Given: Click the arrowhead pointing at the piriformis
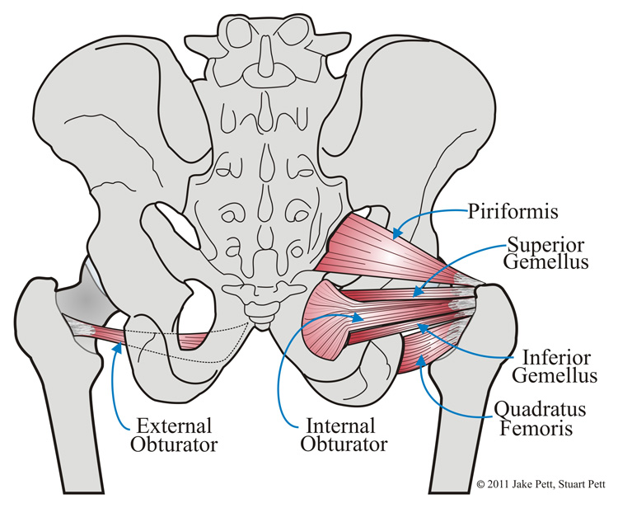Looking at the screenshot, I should pyautogui.click(x=395, y=234).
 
